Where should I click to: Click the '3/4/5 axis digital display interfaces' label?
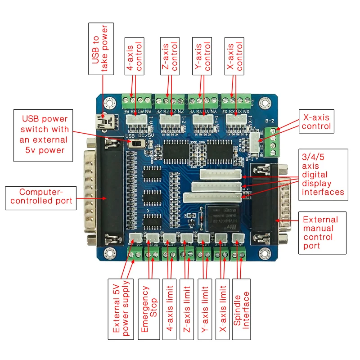pyautogui.click(x=322, y=175)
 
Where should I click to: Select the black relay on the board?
pyautogui.click(x=222, y=218)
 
